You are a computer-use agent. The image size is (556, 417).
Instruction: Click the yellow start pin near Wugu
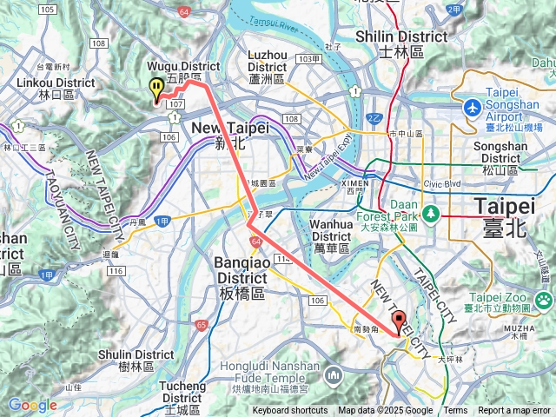[156, 88]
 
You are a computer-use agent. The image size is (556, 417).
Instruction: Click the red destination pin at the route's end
[399, 321]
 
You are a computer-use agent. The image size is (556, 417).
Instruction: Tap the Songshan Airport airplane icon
[472, 108]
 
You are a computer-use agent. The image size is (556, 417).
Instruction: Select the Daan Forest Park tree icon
[429, 212]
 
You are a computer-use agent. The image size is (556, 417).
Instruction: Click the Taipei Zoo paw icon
[544, 301]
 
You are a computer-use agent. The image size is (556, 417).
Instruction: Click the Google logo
[32, 405]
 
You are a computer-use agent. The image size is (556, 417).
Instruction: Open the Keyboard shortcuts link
[290, 411]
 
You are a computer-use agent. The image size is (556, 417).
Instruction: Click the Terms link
[455, 411]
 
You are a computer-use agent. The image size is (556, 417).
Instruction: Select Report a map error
[515, 411]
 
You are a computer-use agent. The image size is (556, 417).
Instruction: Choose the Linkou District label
[56, 88]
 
